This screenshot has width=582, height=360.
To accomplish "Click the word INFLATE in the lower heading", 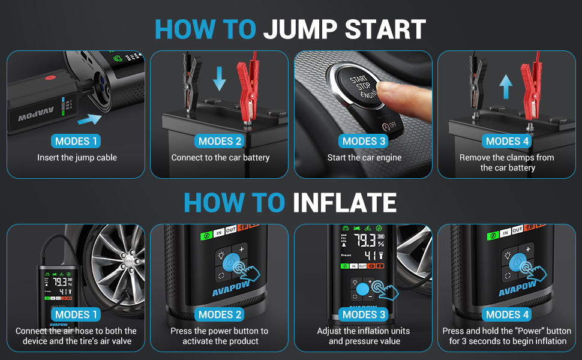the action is click(x=345, y=203).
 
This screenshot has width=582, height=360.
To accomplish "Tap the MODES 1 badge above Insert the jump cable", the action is click(x=76, y=141).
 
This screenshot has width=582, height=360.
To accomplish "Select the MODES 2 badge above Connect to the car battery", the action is click(x=220, y=141).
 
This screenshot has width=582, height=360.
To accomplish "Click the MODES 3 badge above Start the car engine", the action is click(x=364, y=141).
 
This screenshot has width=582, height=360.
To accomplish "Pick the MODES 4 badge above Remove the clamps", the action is click(x=507, y=141).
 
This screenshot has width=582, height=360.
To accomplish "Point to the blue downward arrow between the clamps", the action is click(x=219, y=79).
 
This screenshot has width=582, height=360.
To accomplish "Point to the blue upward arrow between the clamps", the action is click(x=506, y=86).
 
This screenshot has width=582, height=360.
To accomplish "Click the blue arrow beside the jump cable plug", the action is click(x=89, y=119).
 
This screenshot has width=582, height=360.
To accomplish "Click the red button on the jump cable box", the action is click(x=50, y=78).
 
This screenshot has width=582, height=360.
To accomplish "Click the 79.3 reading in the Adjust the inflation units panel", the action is click(x=364, y=241).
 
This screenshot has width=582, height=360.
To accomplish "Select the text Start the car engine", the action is click(x=364, y=158).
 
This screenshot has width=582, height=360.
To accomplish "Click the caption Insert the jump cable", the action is click(x=77, y=158).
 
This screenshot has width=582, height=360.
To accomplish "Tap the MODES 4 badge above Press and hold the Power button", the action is click(x=507, y=315).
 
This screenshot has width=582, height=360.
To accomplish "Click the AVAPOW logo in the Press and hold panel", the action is click(x=517, y=289).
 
